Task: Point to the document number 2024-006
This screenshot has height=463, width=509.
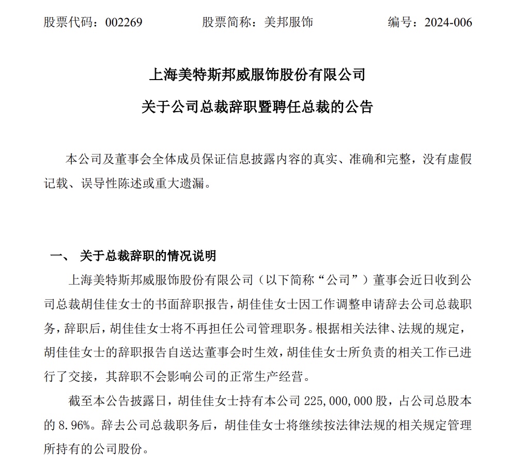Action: tap(448, 22)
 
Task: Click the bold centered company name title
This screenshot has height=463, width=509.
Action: tap(257, 75)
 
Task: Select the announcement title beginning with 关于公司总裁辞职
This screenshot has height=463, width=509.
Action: tap(257, 107)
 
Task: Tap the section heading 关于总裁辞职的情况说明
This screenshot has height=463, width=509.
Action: tap(148, 256)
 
